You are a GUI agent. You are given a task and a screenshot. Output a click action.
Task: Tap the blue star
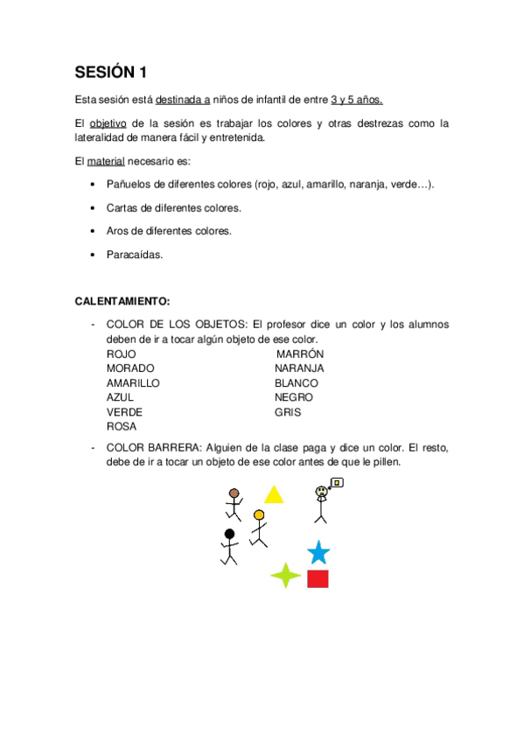[318, 553]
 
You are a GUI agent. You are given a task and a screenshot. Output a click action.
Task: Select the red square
[318, 578]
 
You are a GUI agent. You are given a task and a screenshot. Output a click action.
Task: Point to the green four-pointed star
[285, 575]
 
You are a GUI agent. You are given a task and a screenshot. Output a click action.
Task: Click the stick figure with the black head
[229, 547]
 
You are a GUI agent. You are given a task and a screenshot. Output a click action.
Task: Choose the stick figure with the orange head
[258, 527]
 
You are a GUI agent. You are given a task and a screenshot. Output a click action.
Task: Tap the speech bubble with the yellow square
[337, 482]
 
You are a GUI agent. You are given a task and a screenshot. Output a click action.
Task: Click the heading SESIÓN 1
[110, 72]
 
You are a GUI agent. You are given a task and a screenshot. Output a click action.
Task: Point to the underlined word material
[106, 162]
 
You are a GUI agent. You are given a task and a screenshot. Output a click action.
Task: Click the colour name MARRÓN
[300, 353]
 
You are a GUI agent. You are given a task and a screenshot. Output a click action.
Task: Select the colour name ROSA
[122, 426]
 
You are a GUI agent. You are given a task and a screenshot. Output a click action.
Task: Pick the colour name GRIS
[288, 411]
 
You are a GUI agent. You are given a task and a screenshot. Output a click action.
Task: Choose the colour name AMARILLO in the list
[133, 382]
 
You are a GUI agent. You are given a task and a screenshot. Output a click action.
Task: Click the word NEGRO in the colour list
[293, 397]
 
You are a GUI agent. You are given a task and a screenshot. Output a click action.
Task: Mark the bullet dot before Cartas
[94, 208]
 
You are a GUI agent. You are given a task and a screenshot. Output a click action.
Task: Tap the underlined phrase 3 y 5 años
[357, 101]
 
